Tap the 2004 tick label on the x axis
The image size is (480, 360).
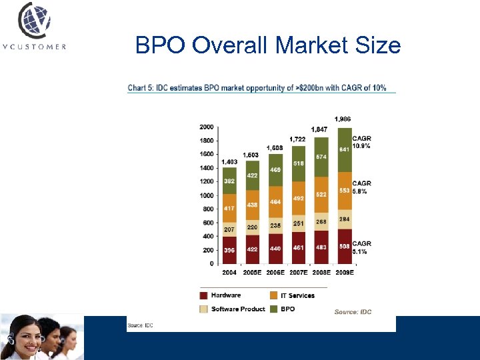pos(229,272)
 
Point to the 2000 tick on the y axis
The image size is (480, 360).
pos(207,126)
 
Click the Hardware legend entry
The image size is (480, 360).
pos(225,295)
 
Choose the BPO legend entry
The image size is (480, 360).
pos(286,309)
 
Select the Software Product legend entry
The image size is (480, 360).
pos(238,309)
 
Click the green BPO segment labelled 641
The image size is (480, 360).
pos(345,149)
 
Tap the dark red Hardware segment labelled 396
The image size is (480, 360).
pos(229,250)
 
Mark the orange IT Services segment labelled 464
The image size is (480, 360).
pos(275,201)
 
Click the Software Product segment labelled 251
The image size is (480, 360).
pos(298,223)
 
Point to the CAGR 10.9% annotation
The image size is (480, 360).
pos(362,142)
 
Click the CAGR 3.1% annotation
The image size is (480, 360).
pos(362,247)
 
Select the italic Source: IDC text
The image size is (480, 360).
pos(353,311)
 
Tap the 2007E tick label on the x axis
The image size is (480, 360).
pos(298,272)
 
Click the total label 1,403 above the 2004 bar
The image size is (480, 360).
pos(229,162)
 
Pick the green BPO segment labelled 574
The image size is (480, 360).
pos(321,157)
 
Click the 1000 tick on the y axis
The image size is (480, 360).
pos(207,195)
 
